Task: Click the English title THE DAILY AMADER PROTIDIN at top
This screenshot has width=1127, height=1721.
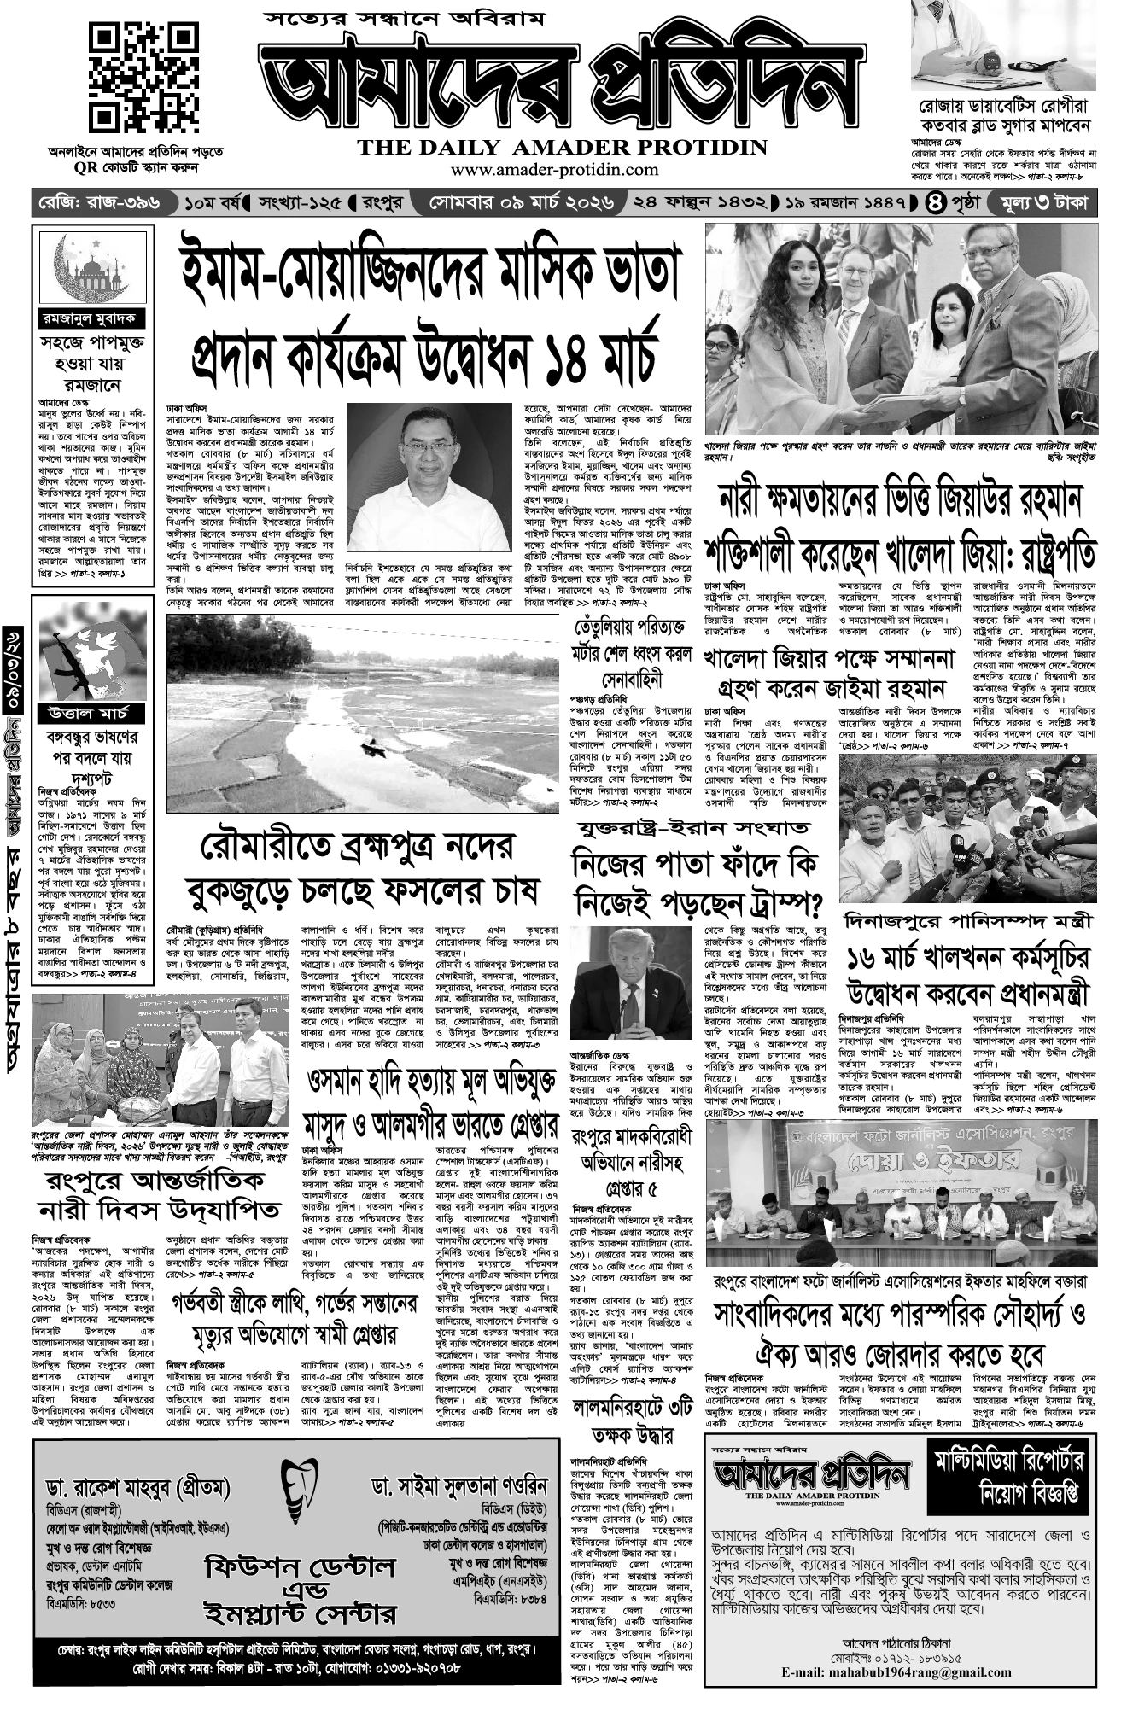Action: pos(562,147)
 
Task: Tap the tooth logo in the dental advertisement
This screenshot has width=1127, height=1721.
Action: pos(296,1486)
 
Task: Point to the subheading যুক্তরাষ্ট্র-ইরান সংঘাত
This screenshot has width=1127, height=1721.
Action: pos(692,828)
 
